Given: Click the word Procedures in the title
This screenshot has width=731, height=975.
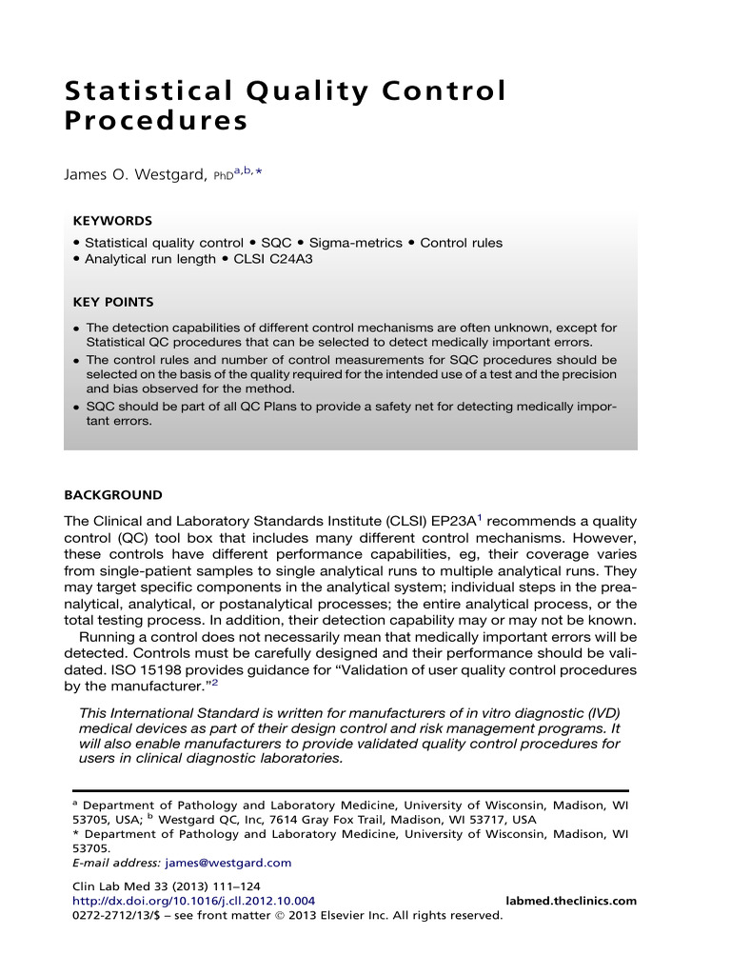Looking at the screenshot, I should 155,122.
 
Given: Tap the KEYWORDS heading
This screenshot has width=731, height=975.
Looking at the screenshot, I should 112,220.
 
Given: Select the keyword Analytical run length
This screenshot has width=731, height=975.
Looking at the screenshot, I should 150,259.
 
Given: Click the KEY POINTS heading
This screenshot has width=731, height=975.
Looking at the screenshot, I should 113,303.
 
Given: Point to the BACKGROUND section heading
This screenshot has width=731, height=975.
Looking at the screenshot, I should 113,495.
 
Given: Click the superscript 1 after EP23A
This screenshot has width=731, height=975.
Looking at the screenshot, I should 481,517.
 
